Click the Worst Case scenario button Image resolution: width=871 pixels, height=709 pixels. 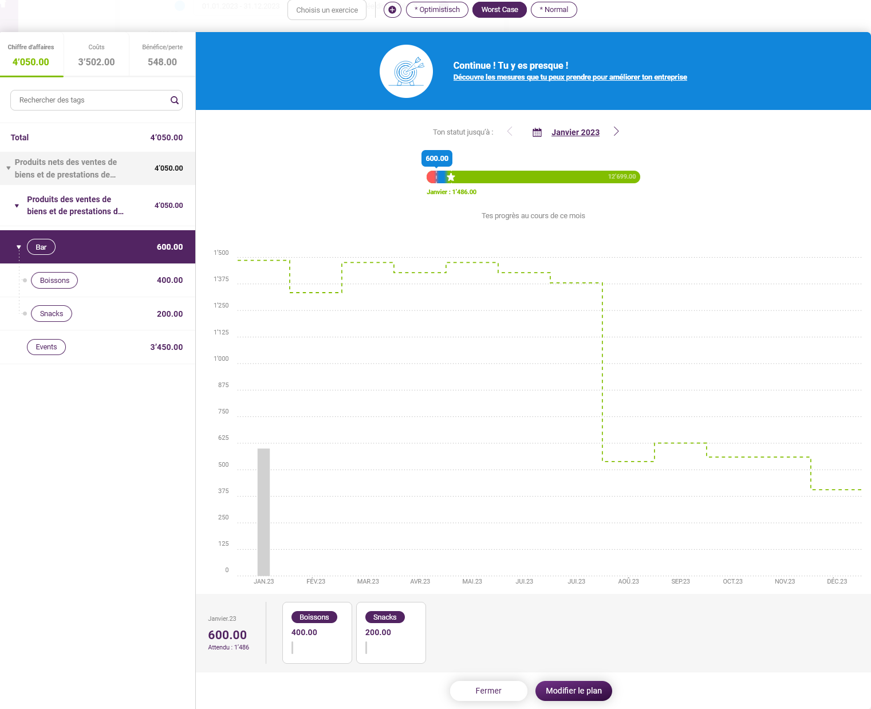coord(499,10)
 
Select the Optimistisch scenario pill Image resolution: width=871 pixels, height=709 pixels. coord(437,10)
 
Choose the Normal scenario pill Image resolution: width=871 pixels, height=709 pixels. coord(554,10)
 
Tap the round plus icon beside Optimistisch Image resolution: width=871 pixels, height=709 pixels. coord(392,10)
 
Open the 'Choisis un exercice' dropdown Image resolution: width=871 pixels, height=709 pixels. coord(327,10)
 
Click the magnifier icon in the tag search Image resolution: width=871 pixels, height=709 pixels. coord(174,100)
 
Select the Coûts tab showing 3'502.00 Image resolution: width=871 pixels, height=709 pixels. coord(97,55)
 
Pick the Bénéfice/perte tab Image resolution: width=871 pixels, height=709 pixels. coord(162,55)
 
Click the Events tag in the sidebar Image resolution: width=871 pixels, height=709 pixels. coord(46,346)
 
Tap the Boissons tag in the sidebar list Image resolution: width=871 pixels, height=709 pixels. coord(54,281)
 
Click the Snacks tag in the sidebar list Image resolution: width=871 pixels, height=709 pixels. coord(52,314)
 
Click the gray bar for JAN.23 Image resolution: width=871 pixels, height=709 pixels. coord(264,512)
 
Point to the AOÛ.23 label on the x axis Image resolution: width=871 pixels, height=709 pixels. coord(629,581)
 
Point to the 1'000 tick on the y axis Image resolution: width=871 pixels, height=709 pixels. coord(221,359)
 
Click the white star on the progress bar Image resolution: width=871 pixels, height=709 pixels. coord(451,177)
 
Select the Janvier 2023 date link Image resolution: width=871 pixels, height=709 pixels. coord(576,132)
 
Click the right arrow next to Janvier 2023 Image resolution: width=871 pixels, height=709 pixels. coord(616,132)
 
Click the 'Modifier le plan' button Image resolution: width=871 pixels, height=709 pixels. coord(574,691)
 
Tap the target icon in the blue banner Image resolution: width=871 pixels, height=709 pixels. coord(406,72)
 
